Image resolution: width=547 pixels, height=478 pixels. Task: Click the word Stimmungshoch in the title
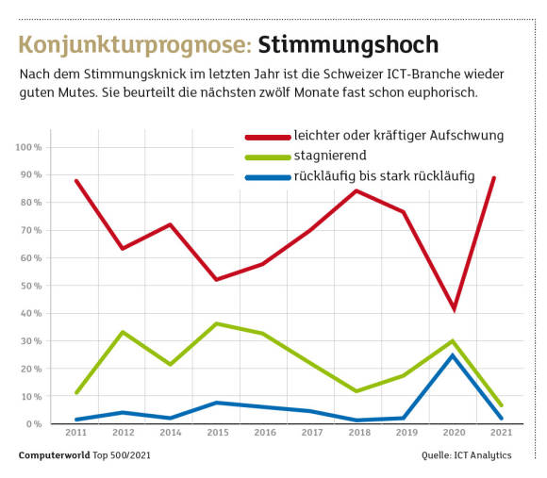tap(348, 45)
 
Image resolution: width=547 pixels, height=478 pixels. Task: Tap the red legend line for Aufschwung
tap(268, 138)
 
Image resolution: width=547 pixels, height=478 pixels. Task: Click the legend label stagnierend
tap(330, 156)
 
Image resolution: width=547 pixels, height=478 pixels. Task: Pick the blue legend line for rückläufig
tap(268, 178)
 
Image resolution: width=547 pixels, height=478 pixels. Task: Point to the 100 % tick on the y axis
tap(28, 147)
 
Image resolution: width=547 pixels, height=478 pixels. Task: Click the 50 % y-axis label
tap(31, 286)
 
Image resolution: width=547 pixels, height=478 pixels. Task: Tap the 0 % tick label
tap(34, 424)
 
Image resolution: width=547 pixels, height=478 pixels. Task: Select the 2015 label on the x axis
tap(218, 433)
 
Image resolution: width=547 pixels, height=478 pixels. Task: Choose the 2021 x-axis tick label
tap(501, 433)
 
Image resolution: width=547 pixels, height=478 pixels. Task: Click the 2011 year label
tap(76, 433)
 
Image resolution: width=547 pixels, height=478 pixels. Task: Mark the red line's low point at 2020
tap(454, 310)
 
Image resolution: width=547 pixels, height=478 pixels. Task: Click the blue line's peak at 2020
tap(453, 355)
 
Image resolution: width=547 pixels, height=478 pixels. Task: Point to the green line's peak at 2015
tap(217, 324)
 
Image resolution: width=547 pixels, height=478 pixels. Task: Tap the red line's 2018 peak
tap(356, 190)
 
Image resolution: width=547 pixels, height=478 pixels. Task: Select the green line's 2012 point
tap(123, 332)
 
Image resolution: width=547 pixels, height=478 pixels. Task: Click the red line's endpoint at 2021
tap(493, 178)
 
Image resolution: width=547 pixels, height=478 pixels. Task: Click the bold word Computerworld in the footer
tap(55, 455)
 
